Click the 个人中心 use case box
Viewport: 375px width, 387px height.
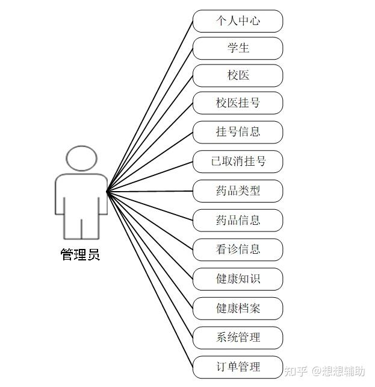pos(238,21)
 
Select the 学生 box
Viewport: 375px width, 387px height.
pos(238,48)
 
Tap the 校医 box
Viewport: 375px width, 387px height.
pos(238,75)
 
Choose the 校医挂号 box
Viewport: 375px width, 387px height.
pos(238,103)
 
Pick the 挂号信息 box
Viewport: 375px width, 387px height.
pos(238,131)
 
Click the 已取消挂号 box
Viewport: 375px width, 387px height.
pos(238,162)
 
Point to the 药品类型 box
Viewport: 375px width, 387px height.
pos(238,191)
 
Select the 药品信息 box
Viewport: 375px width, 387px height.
pos(238,220)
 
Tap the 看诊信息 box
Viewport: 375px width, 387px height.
pos(238,249)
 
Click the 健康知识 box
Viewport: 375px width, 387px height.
pos(238,278)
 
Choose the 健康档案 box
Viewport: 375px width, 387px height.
pos(238,308)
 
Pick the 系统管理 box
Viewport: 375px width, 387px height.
pos(238,337)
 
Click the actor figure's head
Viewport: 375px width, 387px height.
pos(81,158)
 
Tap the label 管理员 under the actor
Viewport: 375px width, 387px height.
pos(80,254)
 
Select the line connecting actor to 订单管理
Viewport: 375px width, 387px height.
pos(150,278)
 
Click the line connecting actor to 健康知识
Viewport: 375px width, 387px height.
pos(150,235)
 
